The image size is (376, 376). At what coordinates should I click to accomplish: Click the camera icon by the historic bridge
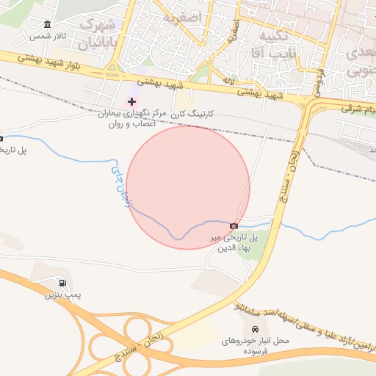[234, 226]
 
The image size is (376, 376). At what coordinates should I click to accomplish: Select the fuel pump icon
[62, 283]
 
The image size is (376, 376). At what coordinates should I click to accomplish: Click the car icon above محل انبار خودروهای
[255, 329]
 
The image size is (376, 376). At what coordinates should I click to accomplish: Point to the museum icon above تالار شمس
[48, 24]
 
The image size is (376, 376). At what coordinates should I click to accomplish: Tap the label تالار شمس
[48, 35]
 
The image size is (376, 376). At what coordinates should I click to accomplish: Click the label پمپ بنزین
[61, 294]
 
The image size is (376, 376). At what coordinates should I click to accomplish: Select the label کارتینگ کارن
[192, 115]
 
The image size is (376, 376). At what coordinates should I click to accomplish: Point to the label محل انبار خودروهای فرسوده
[256, 346]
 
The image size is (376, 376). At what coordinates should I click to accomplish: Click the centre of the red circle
[188, 188]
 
